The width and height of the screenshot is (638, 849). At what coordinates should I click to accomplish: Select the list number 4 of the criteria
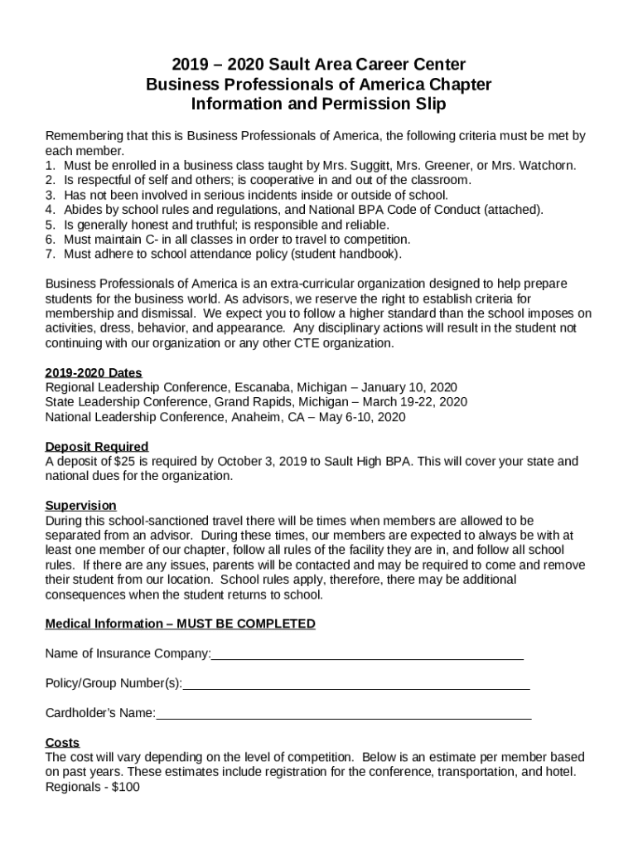click(x=50, y=210)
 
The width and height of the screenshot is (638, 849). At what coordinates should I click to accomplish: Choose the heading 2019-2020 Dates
click(x=93, y=372)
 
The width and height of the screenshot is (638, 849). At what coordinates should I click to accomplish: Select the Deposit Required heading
click(x=97, y=447)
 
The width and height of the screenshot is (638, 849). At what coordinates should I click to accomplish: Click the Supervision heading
click(x=80, y=506)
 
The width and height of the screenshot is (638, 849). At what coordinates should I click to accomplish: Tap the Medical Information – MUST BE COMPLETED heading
click(x=180, y=624)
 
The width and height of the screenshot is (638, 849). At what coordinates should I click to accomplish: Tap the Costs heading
click(x=62, y=743)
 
